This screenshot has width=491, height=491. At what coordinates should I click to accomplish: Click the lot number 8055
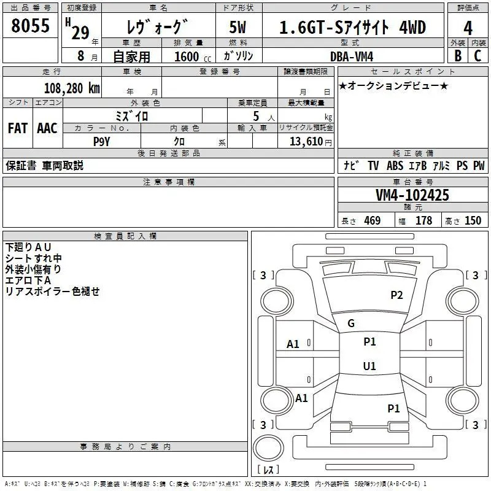(x=30, y=26)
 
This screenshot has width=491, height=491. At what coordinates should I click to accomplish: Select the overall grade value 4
(x=468, y=28)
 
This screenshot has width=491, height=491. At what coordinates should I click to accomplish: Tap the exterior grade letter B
(x=458, y=56)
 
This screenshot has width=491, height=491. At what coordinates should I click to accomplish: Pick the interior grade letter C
(x=477, y=56)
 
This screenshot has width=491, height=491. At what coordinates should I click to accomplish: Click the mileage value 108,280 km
(x=72, y=88)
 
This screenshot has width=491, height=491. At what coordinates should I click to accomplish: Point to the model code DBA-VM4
(x=352, y=56)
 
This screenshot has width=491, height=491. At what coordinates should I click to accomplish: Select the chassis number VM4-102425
(x=412, y=195)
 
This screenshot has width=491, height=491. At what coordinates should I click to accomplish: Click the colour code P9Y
(x=101, y=142)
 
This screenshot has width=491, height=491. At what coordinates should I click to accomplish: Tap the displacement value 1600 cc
(x=193, y=56)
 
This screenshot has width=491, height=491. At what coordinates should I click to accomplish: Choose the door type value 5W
(x=238, y=27)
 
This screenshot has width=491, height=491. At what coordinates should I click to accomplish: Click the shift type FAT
(x=18, y=128)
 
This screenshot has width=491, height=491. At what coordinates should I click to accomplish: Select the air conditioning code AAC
(x=47, y=128)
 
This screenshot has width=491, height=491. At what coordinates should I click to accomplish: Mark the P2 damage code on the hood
(x=396, y=295)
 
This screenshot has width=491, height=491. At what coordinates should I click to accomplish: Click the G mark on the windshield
(x=351, y=323)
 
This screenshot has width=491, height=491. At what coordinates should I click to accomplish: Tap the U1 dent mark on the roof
(x=369, y=366)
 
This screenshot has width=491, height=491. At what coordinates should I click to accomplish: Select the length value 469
(x=373, y=221)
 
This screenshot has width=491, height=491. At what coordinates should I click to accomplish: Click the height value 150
(x=473, y=221)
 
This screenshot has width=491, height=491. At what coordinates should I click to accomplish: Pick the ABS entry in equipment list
(x=395, y=166)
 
